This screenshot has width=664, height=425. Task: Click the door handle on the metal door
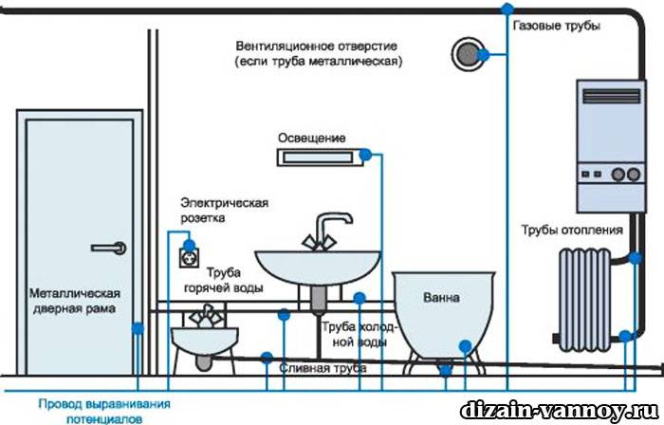click(x=108, y=247)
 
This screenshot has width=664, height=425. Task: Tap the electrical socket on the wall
click(x=190, y=254)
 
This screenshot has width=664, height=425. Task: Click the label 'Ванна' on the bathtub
click(x=441, y=298)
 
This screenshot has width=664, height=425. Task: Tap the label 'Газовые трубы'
click(x=556, y=26)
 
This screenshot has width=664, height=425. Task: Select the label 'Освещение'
click(x=311, y=136)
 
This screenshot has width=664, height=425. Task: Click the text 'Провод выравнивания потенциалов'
click(x=94, y=410)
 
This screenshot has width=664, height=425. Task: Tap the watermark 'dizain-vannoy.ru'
click(x=559, y=411)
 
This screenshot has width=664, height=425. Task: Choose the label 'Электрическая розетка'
click(x=225, y=211)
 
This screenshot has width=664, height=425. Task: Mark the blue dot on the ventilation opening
click(x=483, y=56)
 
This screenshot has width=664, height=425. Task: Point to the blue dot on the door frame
click(x=138, y=329)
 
